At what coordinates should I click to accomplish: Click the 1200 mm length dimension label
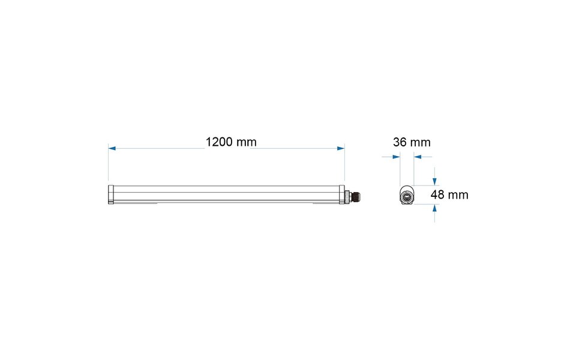pyautogui.click(x=231, y=142)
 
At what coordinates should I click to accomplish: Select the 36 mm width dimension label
pyautogui.click(x=412, y=142)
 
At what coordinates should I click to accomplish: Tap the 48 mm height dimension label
pyautogui.click(x=449, y=195)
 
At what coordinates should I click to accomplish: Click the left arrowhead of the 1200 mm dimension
pyautogui.click(x=112, y=148)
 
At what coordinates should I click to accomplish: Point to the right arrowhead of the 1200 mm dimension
pyautogui.click(x=341, y=148)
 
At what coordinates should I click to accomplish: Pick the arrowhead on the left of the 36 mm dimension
pyautogui.click(x=396, y=157)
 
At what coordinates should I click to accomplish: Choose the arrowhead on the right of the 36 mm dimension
pyautogui.click(x=418, y=157)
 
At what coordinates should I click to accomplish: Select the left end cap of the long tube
pyautogui.click(x=110, y=195)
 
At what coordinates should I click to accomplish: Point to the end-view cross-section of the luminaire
pyautogui.click(x=407, y=196)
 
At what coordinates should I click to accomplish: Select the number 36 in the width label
pyautogui.click(x=400, y=142)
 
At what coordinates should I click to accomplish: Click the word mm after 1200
pyautogui.click(x=247, y=142)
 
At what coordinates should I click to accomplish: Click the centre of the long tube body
pyautogui.click(x=227, y=195)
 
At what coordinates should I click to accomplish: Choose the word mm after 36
pyautogui.click(x=421, y=142)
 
